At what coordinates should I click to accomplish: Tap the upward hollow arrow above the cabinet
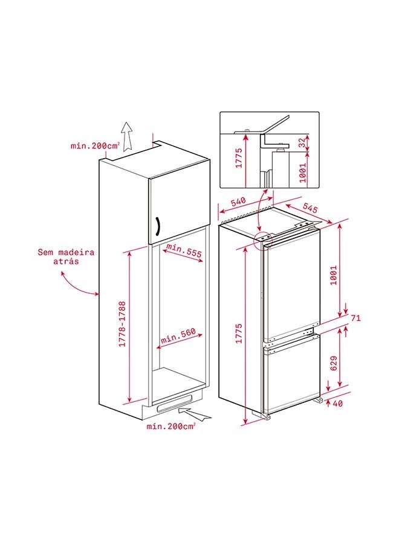[x=128, y=136]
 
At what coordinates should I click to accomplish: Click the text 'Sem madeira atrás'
[x=66, y=256]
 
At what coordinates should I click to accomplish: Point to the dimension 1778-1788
[x=122, y=325]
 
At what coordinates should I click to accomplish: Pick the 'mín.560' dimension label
[x=178, y=335]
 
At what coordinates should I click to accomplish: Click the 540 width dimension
[x=238, y=202]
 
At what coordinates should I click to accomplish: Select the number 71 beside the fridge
[x=356, y=317]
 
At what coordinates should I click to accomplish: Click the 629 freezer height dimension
[x=334, y=363]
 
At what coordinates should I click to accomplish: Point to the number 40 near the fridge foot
[x=337, y=404]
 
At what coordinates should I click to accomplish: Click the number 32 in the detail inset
[x=302, y=142]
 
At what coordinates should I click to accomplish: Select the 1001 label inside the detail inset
[x=303, y=173]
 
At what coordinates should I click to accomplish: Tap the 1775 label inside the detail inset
[x=239, y=158]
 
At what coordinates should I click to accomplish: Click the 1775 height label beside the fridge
[x=239, y=334]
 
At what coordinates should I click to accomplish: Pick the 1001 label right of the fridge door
[x=334, y=275]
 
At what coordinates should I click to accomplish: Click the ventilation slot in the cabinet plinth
[x=174, y=403]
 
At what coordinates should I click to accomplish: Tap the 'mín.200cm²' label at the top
[x=96, y=146]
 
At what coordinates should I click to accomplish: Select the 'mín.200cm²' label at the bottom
[x=170, y=427]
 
